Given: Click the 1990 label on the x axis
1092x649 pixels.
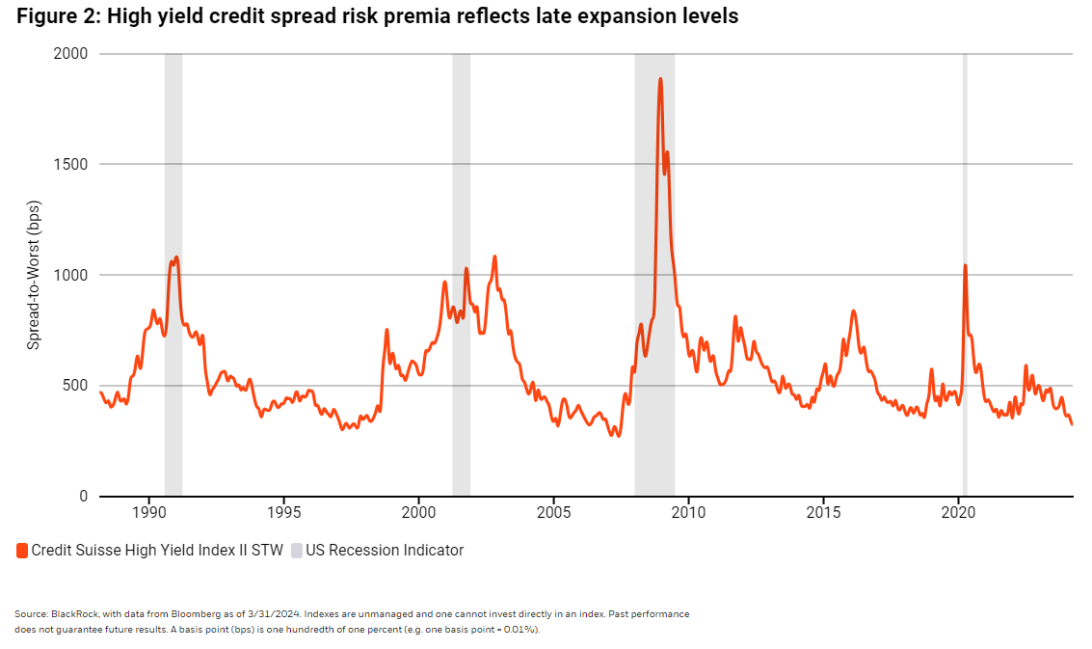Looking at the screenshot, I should coord(148,511).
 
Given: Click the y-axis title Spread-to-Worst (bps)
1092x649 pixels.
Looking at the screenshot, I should coord(34,275).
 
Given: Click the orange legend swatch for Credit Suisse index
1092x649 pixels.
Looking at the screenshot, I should coord(22,551).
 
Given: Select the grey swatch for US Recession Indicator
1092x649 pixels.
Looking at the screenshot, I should coord(297,551).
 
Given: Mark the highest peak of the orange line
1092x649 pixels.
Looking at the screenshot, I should coord(660,79).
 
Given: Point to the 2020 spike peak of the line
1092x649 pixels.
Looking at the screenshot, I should coord(965,265).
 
